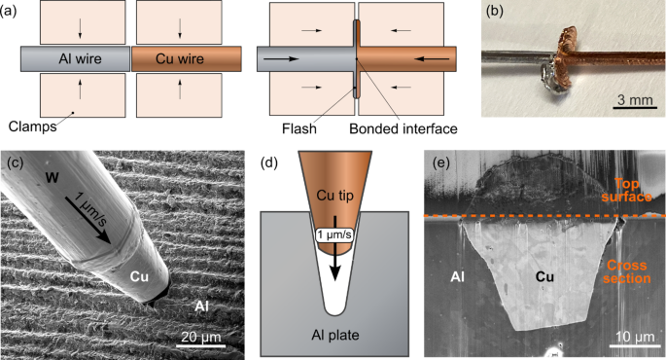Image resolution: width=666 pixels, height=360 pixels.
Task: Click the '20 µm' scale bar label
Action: [201, 338]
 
